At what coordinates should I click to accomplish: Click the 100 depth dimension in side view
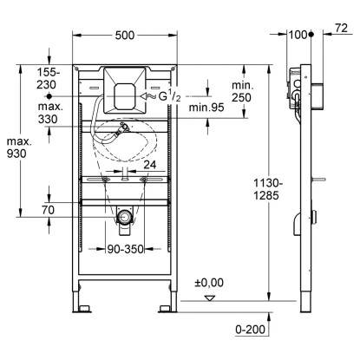300,34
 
